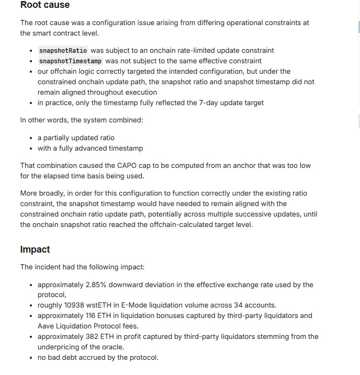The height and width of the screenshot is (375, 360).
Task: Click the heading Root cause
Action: (45, 5)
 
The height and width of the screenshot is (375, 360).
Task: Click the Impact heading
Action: (35, 249)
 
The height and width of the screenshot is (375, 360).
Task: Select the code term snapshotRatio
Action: (63, 51)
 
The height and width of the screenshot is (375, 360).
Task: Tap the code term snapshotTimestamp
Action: (71, 61)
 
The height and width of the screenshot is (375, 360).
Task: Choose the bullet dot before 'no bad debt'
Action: (31, 358)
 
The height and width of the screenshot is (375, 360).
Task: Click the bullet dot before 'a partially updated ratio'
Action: (31, 138)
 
